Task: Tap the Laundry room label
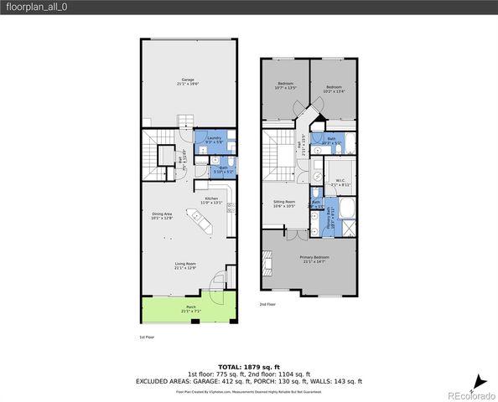(215, 140)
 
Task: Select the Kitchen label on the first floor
(210, 200)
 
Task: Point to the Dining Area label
(161, 216)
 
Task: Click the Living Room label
(185, 266)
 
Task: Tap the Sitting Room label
(285, 204)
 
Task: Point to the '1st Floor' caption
(147, 337)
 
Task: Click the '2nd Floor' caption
(267, 304)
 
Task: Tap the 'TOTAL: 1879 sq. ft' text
(249, 367)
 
